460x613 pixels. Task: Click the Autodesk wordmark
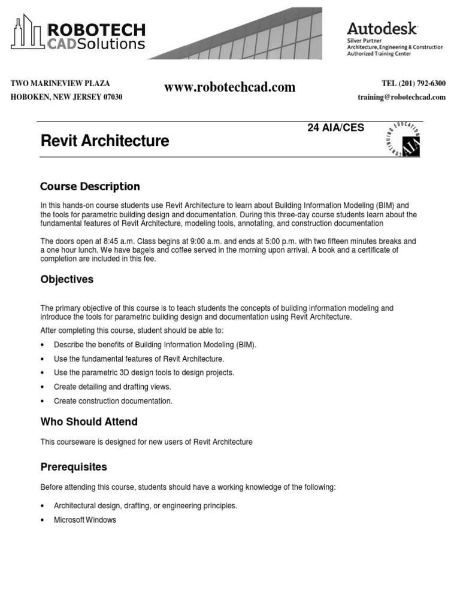pyautogui.click(x=382, y=29)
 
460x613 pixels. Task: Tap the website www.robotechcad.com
pyautogui.click(x=230, y=87)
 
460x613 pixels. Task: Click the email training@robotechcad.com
pyautogui.click(x=401, y=97)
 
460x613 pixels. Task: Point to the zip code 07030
pyautogui.click(x=111, y=97)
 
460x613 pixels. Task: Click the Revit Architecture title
pyautogui.click(x=105, y=141)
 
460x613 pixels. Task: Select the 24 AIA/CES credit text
pyautogui.click(x=335, y=128)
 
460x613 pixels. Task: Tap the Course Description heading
pyautogui.click(x=90, y=186)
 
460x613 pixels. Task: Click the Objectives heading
pyautogui.click(x=66, y=280)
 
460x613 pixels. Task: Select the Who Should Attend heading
pyautogui.click(x=89, y=421)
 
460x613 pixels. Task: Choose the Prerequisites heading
pyautogui.click(x=74, y=466)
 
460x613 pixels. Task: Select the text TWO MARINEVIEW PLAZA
pyautogui.click(x=60, y=84)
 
